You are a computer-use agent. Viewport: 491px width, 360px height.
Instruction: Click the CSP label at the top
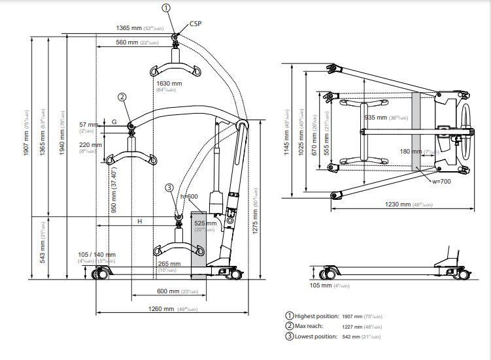[195, 24]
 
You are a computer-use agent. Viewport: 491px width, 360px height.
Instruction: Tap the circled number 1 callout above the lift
[166, 8]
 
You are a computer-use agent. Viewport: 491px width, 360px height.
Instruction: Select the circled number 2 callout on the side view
[122, 97]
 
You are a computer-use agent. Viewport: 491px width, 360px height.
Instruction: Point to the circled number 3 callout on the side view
[169, 187]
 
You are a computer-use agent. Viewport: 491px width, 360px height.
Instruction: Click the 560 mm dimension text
[127, 42]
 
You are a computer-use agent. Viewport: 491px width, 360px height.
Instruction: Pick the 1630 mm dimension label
[169, 84]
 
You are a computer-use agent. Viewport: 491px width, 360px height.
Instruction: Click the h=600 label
[189, 196]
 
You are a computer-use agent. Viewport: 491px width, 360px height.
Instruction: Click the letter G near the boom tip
[114, 122]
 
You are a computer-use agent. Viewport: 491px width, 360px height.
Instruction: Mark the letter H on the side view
[139, 221]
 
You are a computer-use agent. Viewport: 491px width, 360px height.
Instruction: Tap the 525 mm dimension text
[205, 223]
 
